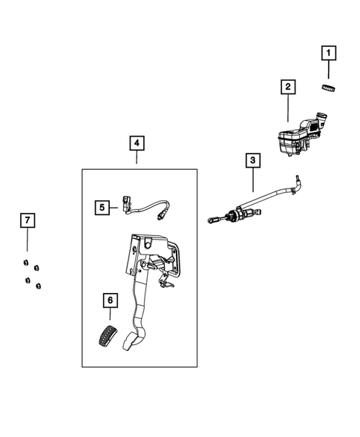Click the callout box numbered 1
click(x=327, y=53)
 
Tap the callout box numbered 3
click(x=252, y=160)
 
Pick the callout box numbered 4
click(x=136, y=142)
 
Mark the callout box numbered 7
click(x=27, y=220)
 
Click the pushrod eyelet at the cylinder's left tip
click(x=212, y=220)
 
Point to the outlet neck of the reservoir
click(x=321, y=118)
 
